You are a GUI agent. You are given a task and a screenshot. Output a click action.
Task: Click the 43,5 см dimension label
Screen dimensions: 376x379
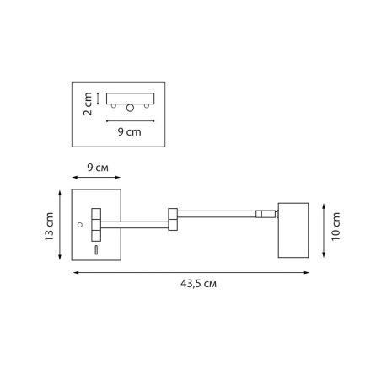(198, 284)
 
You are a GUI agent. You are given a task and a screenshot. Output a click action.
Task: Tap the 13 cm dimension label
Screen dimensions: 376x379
(49, 227)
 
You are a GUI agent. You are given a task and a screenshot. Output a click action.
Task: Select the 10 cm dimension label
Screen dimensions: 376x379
(336, 227)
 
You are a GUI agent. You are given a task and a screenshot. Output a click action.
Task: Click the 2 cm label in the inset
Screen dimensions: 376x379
(88, 104)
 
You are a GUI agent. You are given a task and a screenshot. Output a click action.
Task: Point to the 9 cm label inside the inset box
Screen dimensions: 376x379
(130, 131)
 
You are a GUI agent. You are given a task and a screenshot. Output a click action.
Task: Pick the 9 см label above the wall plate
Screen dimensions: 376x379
(98, 168)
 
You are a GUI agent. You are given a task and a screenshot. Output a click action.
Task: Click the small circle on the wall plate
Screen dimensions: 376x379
(80, 225)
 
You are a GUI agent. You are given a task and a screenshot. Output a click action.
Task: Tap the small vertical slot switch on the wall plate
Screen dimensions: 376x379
(96, 250)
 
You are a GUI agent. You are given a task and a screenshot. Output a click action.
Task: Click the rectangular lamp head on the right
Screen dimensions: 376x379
(293, 230)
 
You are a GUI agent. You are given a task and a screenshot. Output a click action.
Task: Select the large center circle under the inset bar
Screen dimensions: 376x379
(130, 108)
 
